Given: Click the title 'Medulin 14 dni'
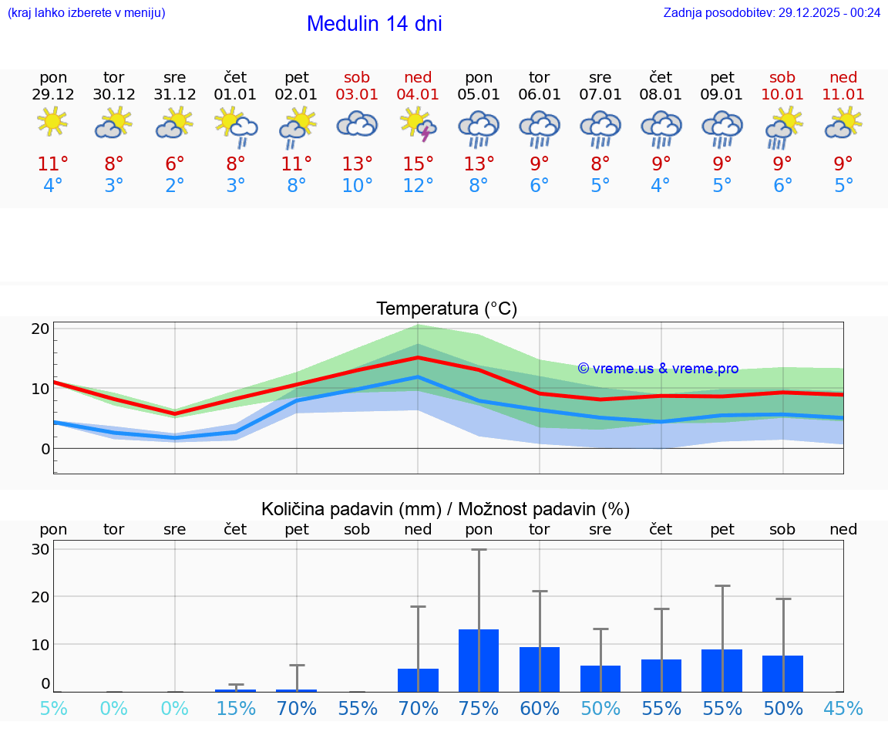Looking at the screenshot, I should [374, 24].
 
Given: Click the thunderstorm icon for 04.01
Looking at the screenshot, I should [418, 124].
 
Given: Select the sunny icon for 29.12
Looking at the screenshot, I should [52, 123].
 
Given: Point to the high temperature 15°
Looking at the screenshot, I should [418, 164].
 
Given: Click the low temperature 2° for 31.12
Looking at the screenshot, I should [175, 186].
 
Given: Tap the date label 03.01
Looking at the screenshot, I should [357, 95].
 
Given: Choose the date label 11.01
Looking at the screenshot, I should [843, 95].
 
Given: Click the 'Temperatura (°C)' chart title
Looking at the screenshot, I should [446, 309].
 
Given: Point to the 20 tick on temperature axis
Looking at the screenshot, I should [41, 329].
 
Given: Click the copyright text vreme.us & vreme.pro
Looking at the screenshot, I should [658, 369].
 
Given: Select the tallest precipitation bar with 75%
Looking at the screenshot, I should [479, 660].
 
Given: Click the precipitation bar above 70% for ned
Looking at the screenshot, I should [418, 679].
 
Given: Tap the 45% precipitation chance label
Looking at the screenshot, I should [843, 709].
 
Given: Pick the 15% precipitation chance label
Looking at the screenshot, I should [236, 709].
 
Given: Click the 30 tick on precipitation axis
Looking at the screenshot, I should [41, 549].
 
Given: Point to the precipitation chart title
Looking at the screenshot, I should [446, 509].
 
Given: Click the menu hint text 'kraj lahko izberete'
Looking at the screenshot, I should [86, 12].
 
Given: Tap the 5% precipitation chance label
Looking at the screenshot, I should [53, 709].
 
